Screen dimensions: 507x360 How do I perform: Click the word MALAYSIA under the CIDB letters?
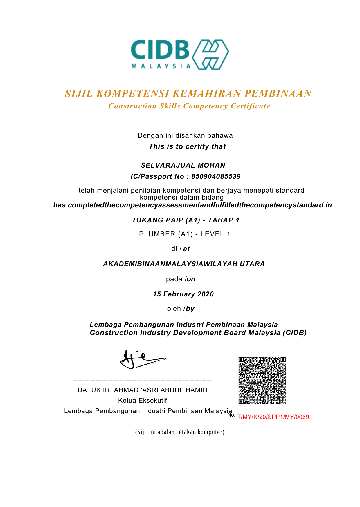pyautogui.click(x=161, y=66)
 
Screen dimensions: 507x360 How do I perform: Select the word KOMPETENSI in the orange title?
pyautogui.click(x=133, y=93)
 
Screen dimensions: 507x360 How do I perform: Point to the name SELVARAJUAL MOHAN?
pyautogui.click(x=183, y=165)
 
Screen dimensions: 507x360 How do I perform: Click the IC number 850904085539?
pyautogui.click(x=216, y=176)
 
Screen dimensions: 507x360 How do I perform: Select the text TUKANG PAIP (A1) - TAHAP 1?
pyautogui.click(x=186, y=220)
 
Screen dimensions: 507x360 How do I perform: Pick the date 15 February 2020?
pyautogui.click(x=183, y=294)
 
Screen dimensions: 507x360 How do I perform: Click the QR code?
pyautogui.click(x=262, y=380)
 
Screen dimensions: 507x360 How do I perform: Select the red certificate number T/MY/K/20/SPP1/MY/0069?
pyautogui.click(x=273, y=417)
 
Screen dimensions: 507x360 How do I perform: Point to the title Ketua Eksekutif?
pyautogui.click(x=143, y=401)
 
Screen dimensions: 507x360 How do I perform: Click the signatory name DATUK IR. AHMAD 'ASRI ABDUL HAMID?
pyautogui.click(x=143, y=390)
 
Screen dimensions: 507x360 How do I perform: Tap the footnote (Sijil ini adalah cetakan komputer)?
pyautogui.click(x=180, y=432)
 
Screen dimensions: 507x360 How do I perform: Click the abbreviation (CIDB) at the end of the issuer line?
pyautogui.click(x=295, y=333)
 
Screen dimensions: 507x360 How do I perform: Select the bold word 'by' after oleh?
pyautogui.click(x=190, y=309)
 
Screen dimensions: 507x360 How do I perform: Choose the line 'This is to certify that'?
pyautogui.click(x=187, y=146)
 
